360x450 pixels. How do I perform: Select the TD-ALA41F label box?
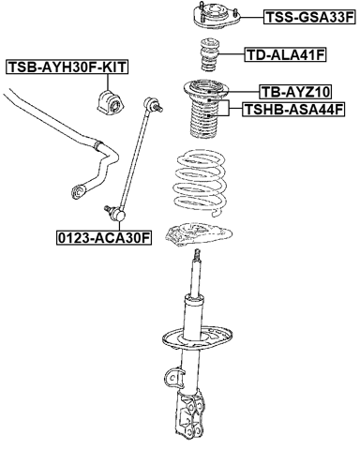tap(285, 55)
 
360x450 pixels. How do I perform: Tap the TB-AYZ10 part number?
tap(294, 92)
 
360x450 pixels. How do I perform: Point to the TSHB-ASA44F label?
tap(294, 110)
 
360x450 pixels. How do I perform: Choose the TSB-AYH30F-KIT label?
tap(67, 67)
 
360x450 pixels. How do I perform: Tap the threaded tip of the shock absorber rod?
tap(198, 254)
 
